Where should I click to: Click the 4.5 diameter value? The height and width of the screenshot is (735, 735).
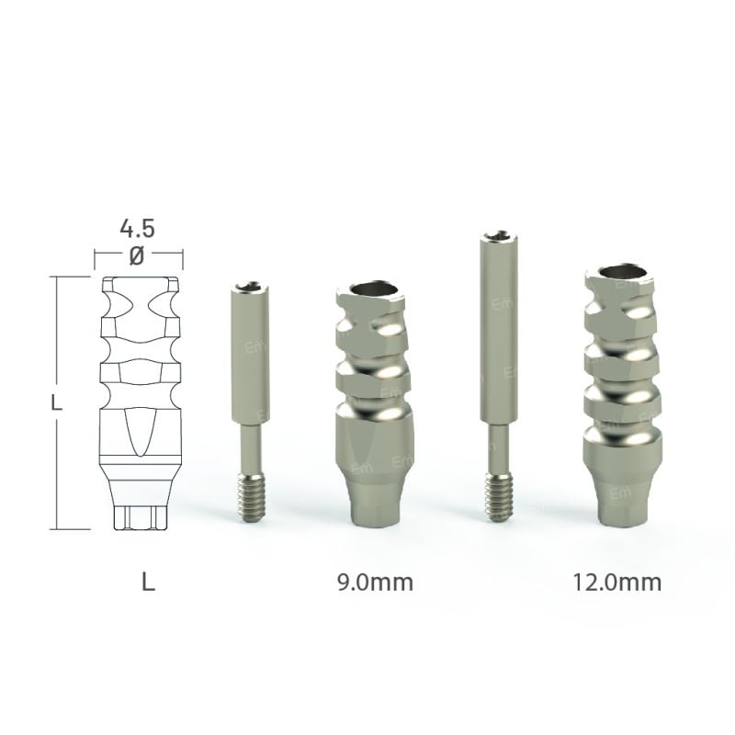[136, 228]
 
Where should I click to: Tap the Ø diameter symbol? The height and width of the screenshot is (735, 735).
[137, 256]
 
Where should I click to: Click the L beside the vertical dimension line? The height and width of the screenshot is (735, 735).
[57, 402]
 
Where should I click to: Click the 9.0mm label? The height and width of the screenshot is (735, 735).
[376, 582]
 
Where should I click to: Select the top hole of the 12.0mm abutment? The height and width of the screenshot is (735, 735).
[621, 272]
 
